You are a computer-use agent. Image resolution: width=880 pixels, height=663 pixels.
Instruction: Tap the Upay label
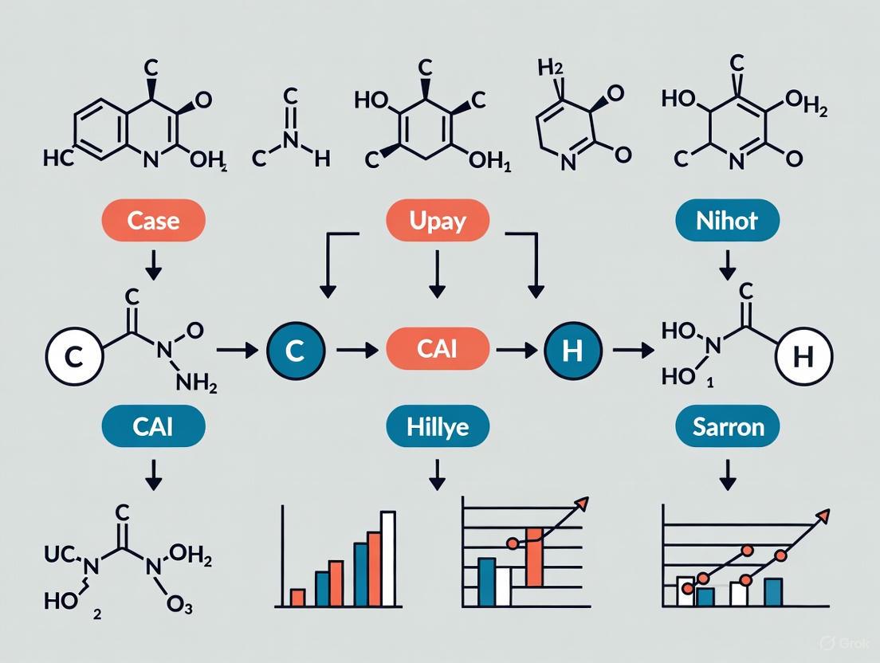pyautogui.click(x=438, y=220)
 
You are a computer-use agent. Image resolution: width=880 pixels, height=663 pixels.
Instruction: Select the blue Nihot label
pyautogui.click(x=726, y=220)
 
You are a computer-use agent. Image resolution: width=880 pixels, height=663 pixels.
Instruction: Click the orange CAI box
pyautogui.click(x=438, y=351)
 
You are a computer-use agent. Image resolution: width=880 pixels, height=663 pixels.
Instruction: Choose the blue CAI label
pyautogui.click(x=154, y=426)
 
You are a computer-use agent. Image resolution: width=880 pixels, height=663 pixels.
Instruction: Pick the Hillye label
pyautogui.click(x=438, y=426)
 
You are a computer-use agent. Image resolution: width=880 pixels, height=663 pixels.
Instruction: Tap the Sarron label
pyautogui.click(x=726, y=426)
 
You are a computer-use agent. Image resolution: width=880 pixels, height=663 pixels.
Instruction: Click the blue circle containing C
pyautogui.click(x=295, y=351)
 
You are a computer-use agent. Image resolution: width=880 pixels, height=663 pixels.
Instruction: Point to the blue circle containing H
pyautogui.click(x=572, y=351)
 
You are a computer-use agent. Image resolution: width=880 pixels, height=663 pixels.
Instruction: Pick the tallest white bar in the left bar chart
pyautogui.click(x=388, y=558)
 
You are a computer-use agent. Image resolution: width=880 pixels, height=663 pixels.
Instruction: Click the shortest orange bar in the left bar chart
pyautogui.click(x=297, y=597)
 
